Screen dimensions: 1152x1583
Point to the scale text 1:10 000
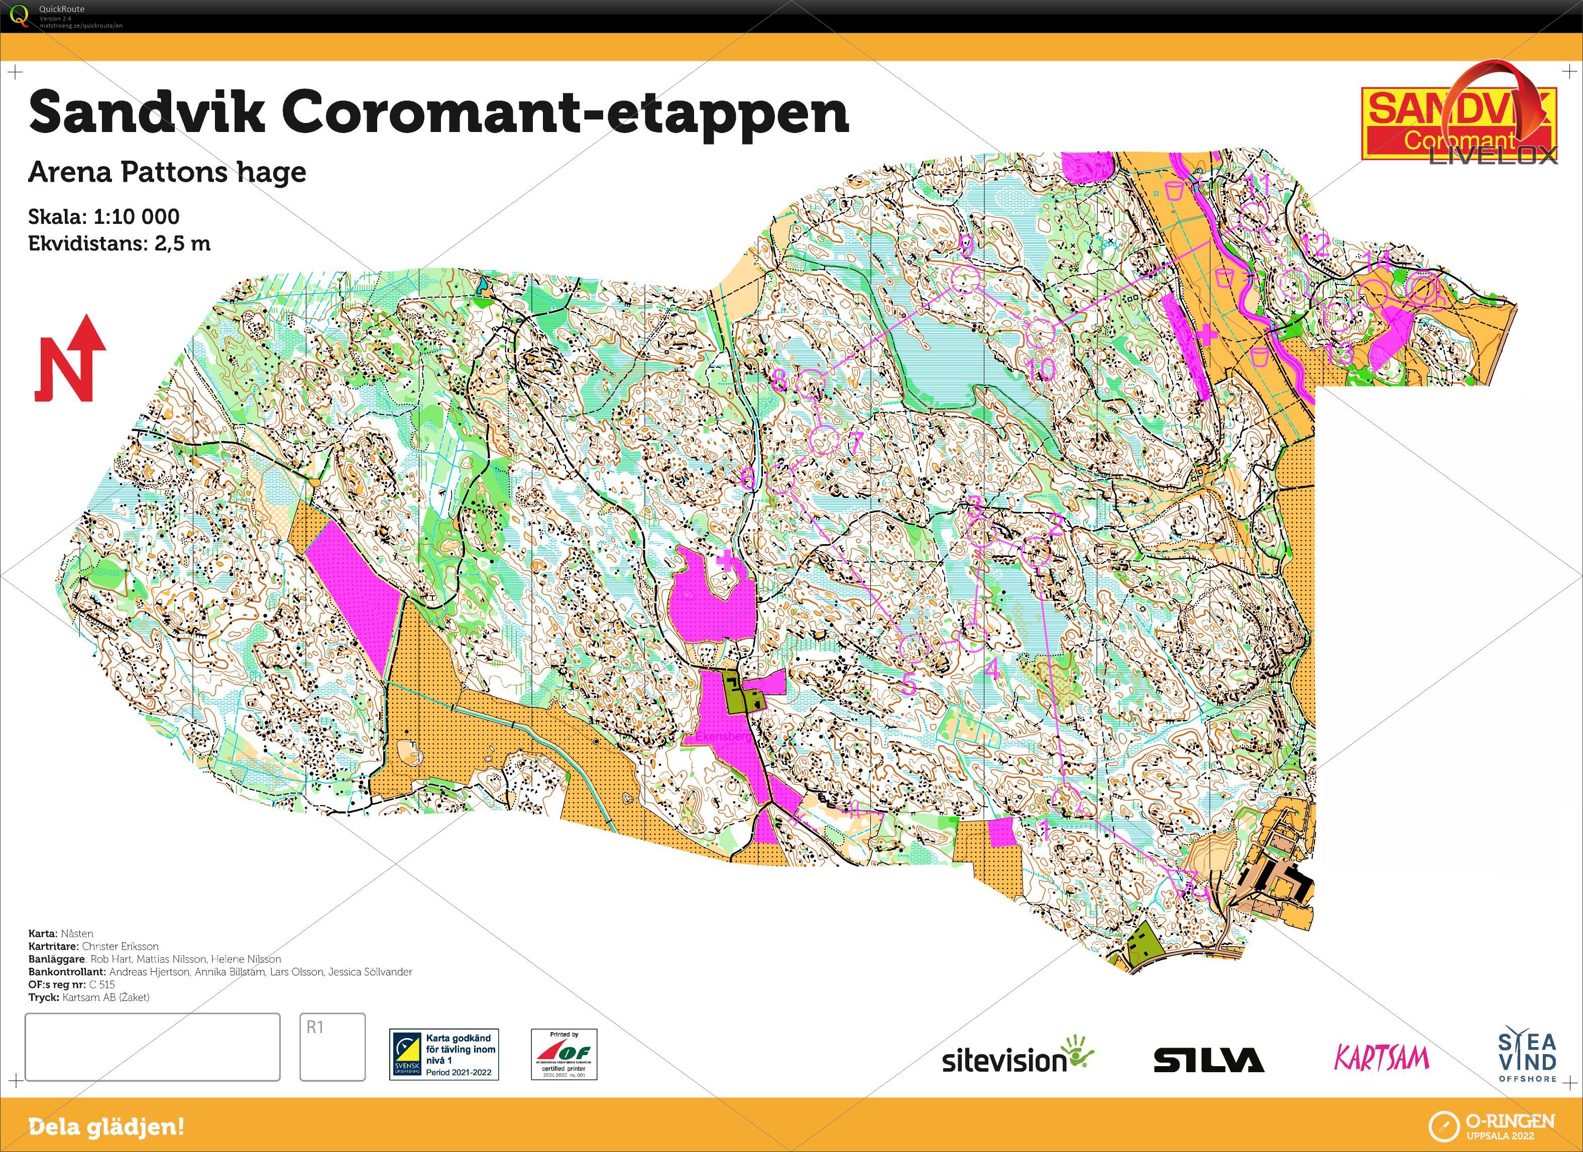[136, 216]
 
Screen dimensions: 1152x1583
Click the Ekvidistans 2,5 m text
[120, 243]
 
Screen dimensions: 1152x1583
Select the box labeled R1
[332, 1046]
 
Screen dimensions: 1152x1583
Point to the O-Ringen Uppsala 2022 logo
[1492, 1125]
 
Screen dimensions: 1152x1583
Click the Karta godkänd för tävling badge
[444, 1054]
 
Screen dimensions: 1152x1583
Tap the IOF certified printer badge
[564, 1054]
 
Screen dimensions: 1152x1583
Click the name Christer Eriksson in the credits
[120, 946]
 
